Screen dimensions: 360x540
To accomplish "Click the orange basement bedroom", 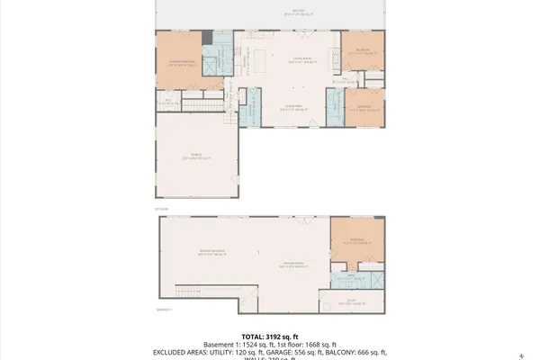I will [x=357, y=240].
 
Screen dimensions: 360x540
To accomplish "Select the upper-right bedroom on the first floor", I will [x=362, y=53].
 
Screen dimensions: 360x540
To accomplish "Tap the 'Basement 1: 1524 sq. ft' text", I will [x=237, y=344].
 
